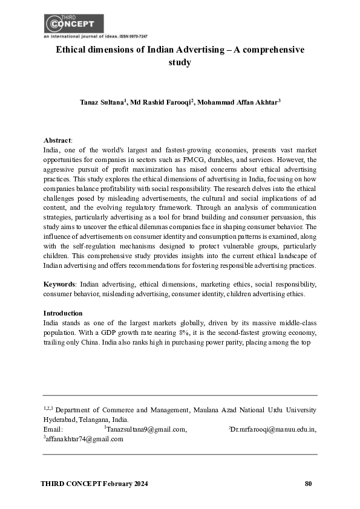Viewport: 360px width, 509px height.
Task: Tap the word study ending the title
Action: point(180,62)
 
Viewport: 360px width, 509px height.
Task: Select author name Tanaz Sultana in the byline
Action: point(101,104)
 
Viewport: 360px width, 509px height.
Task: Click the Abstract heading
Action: point(57,140)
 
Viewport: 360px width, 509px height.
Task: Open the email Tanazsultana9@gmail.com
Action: point(145,429)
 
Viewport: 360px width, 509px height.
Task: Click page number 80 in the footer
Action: point(309,484)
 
